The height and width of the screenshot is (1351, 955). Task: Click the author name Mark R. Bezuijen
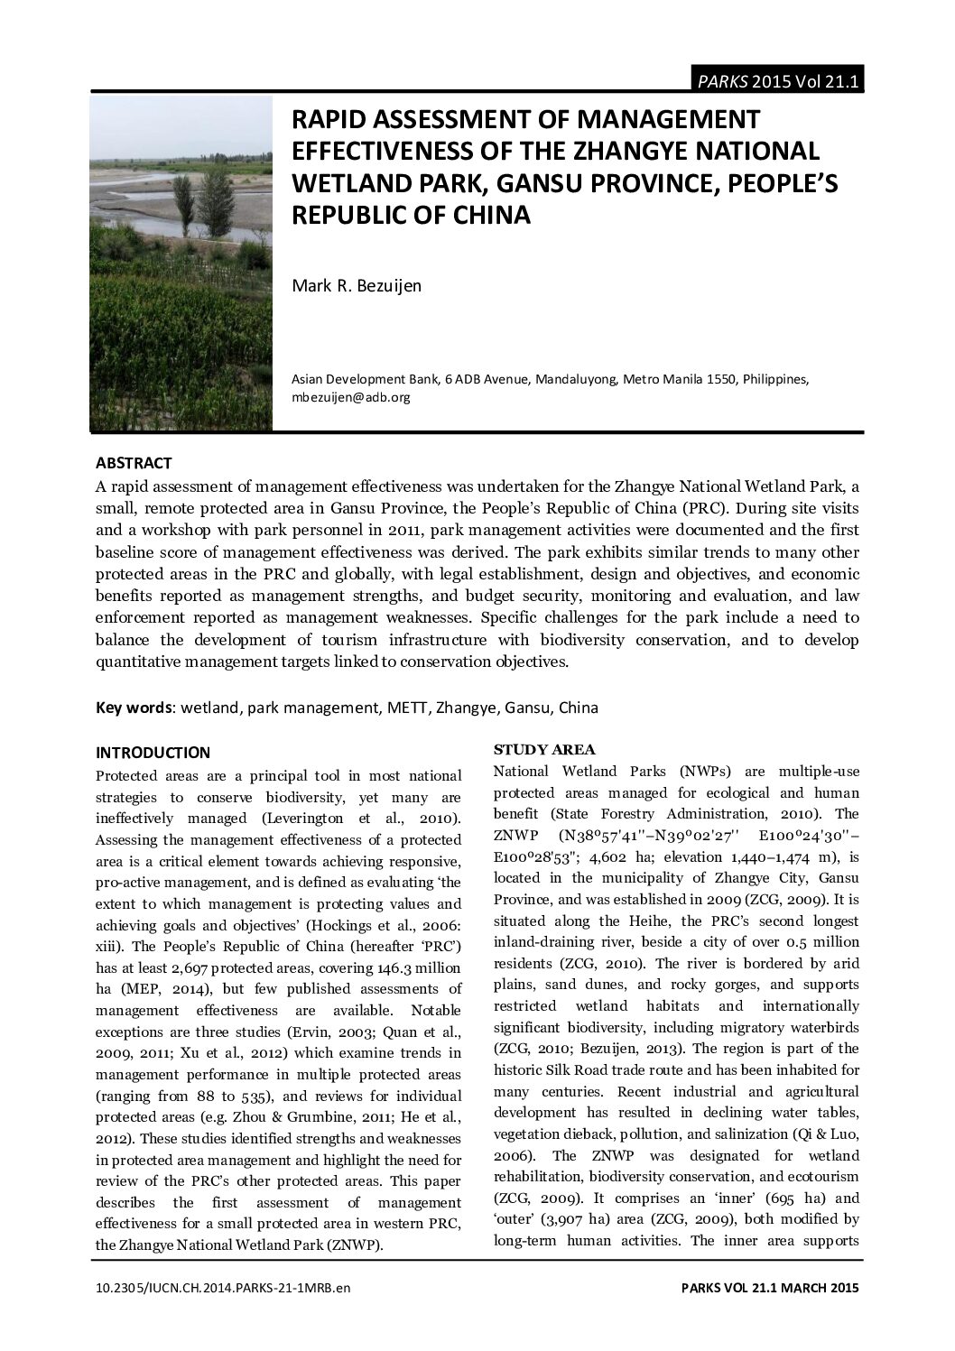pos(357,286)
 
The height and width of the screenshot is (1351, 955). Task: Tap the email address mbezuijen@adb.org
pos(350,397)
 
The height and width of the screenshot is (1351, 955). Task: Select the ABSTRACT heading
pos(134,463)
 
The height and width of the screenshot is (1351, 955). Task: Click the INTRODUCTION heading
pos(153,753)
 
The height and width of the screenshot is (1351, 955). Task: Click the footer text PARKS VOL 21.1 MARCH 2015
pos(769,1288)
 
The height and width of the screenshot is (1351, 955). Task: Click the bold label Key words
pos(134,708)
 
